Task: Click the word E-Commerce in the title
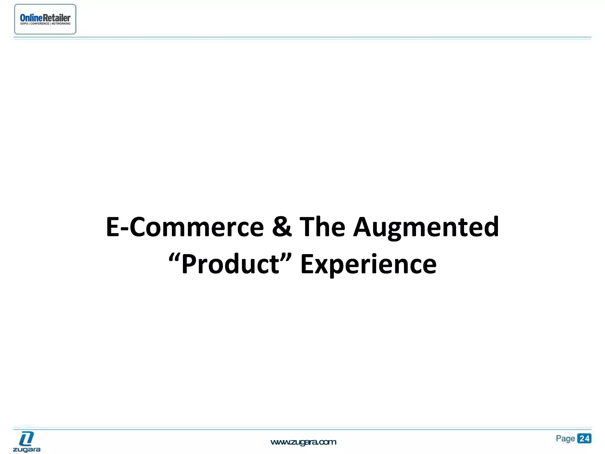click(185, 227)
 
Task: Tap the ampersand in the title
click(282, 227)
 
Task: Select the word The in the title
click(322, 227)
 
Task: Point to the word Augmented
click(426, 227)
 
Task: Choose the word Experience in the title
click(368, 264)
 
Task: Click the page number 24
click(584, 438)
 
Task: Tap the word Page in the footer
click(565, 438)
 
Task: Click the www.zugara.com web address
click(303, 442)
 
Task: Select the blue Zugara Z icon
click(27, 438)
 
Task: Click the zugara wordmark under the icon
click(27, 450)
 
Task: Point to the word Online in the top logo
click(31, 18)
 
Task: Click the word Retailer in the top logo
click(57, 18)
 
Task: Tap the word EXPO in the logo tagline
click(24, 24)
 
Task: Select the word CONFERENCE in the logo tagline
click(40, 24)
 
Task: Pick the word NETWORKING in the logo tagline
click(61, 24)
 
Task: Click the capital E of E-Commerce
click(113, 227)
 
